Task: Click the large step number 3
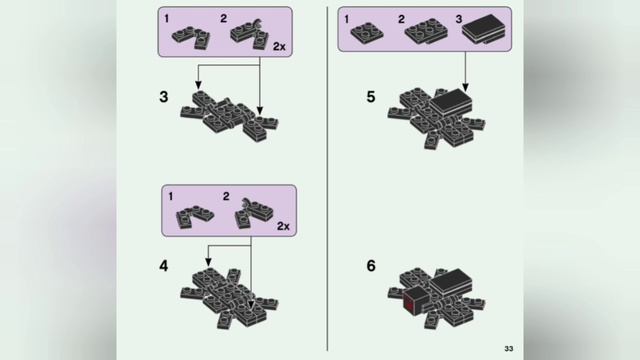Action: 164,97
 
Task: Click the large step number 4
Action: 163,266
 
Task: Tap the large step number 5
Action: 371,97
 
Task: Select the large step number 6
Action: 371,266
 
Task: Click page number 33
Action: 509,349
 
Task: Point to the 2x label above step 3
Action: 279,47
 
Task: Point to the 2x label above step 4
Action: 283,226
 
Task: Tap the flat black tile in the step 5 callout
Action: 484,29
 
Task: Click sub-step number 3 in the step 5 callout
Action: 459,19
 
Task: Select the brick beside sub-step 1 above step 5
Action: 367,33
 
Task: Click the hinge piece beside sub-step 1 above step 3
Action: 191,38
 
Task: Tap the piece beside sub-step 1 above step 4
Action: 194,216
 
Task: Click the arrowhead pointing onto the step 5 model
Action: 465,87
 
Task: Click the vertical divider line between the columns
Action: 327,179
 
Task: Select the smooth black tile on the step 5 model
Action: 451,101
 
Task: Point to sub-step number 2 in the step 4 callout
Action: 226,197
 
